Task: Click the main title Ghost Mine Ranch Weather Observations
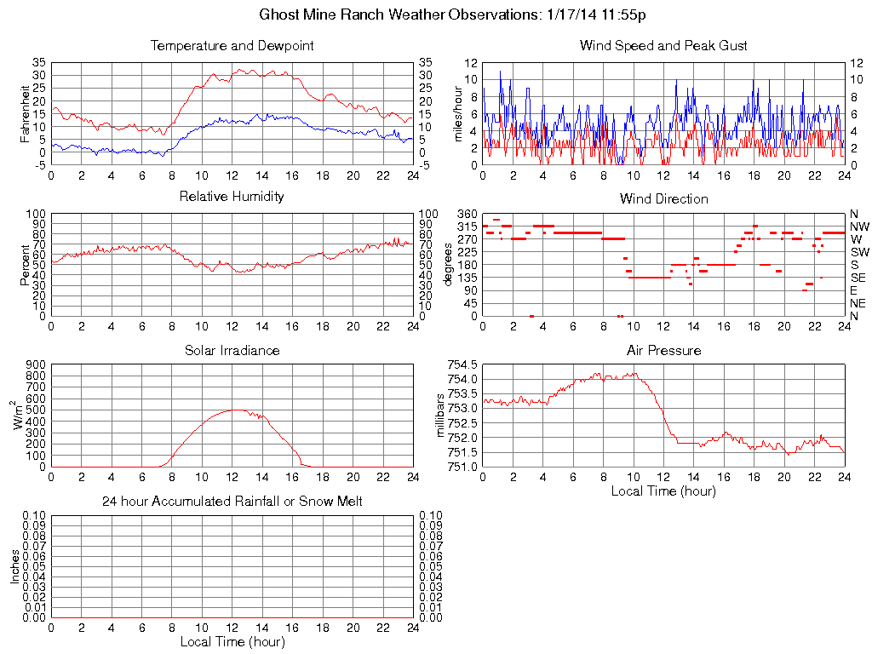coord(457,15)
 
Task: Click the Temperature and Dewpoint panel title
coord(232,46)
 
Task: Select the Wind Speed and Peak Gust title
coord(663,46)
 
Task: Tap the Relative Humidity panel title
coord(232,198)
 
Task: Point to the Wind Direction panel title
coord(663,199)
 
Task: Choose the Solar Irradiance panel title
coord(232,351)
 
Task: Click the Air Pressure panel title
coord(663,351)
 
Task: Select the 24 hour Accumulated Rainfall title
coord(232,502)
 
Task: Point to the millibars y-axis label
coord(440,415)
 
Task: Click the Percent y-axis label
coord(25,265)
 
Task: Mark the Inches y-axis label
coord(14,566)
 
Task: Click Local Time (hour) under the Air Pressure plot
coord(663,491)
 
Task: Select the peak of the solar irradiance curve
coord(232,410)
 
